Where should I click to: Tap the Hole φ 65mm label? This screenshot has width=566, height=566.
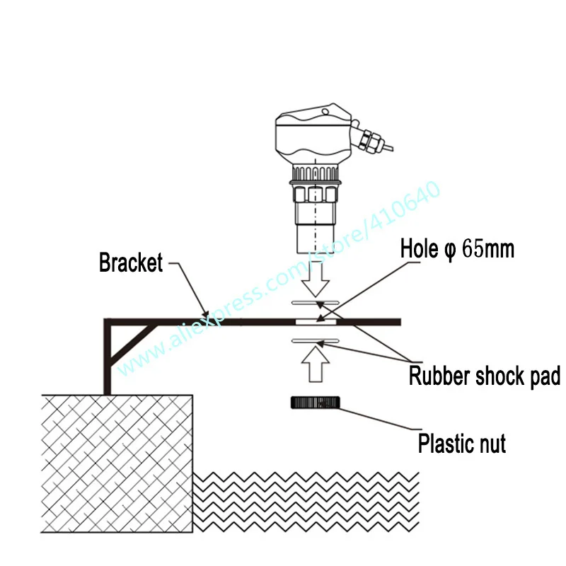click(x=457, y=248)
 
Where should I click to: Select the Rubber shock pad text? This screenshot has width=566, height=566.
click(x=485, y=376)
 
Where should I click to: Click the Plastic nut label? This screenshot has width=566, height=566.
click(x=462, y=444)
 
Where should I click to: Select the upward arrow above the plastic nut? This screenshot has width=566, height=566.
click(x=316, y=368)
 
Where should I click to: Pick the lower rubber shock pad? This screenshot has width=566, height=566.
click(x=316, y=341)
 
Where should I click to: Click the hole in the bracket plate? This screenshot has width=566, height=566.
click(x=316, y=322)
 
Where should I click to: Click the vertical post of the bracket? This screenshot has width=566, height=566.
click(x=107, y=361)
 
